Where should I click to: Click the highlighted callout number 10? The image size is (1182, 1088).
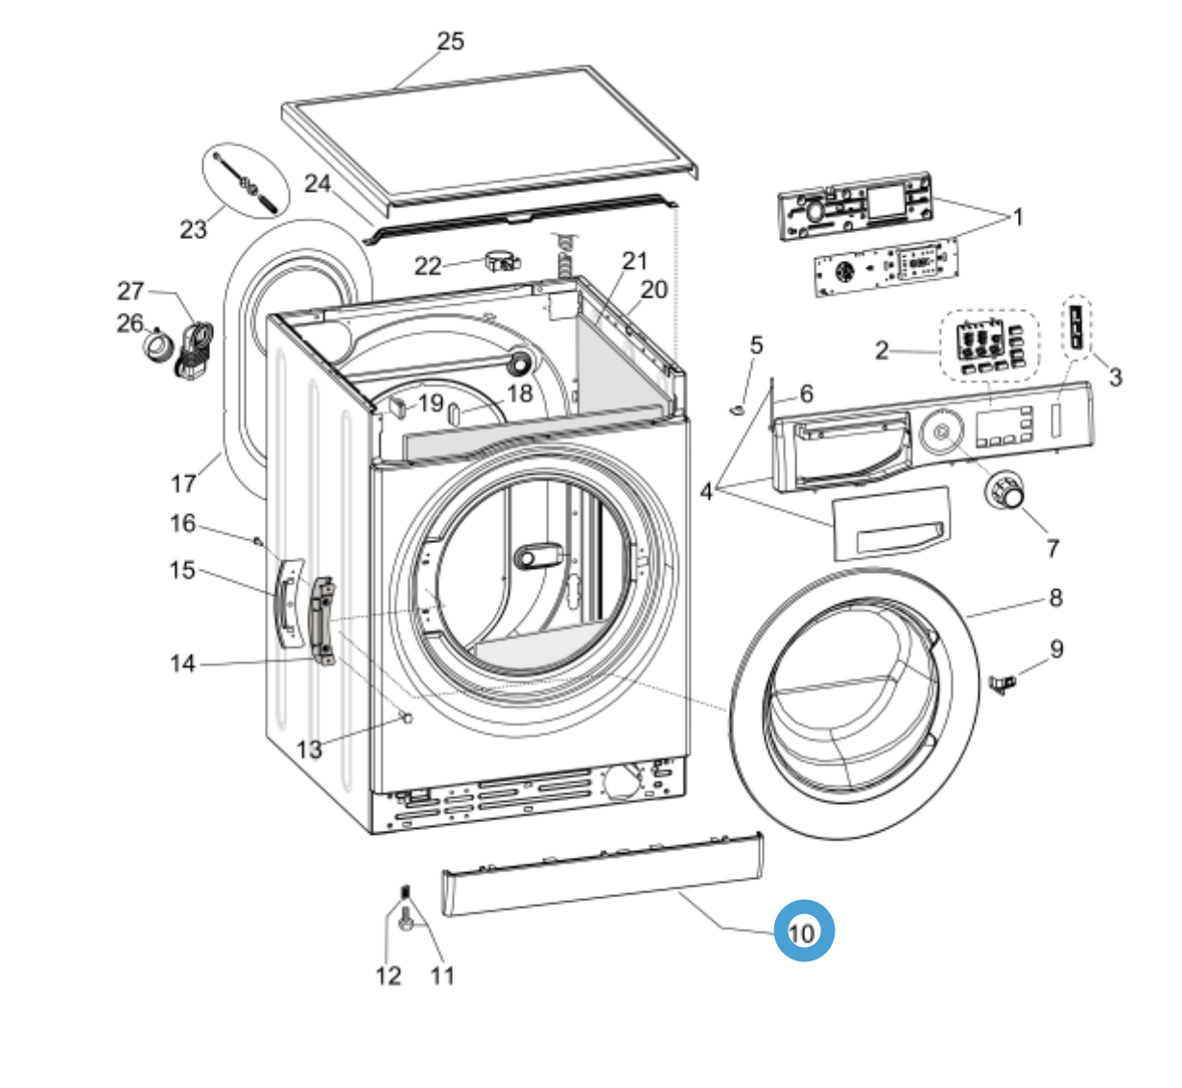click(804, 931)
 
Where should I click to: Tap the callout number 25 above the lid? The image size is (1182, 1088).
click(450, 41)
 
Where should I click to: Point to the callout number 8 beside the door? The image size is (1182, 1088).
click(1055, 598)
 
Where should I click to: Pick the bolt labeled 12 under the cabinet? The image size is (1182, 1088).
click(404, 919)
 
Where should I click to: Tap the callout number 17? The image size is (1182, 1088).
click(182, 484)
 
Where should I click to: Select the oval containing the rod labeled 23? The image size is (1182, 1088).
click(246, 182)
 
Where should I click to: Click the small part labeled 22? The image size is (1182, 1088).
click(500, 260)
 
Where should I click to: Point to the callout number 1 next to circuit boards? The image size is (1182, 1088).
click(1018, 217)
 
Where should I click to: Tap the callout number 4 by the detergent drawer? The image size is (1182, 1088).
click(706, 492)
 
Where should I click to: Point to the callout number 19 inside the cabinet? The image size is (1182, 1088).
click(431, 403)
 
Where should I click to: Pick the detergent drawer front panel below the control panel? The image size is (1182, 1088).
click(889, 521)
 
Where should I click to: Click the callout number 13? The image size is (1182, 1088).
click(309, 749)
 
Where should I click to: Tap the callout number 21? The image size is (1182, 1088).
click(635, 260)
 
